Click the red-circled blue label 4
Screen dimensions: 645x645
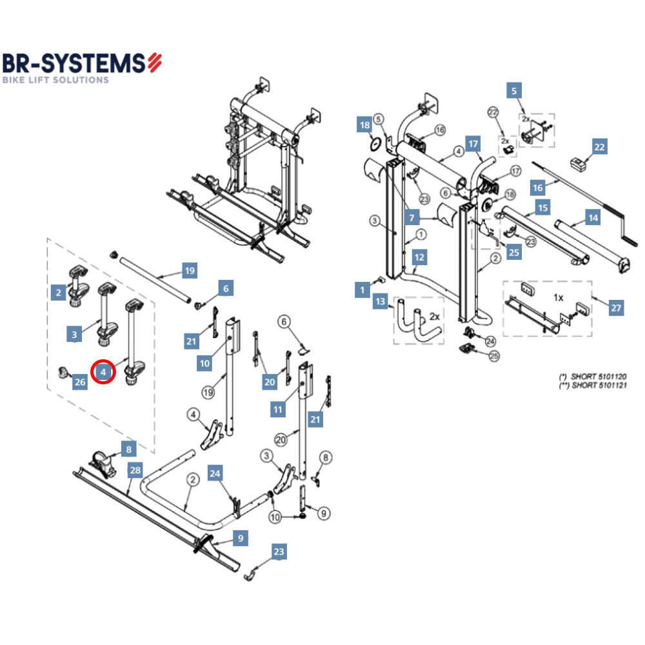(x=103, y=372)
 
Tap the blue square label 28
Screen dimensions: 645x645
(x=134, y=470)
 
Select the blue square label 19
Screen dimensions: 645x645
(x=189, y=271)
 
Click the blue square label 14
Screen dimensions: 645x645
(x=593, y=218)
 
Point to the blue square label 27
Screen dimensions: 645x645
(x=617, y=308)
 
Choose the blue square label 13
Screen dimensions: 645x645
(x=381, y=302)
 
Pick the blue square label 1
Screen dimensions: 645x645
(x=363, y=291)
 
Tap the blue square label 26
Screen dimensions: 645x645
(x=79, y=382)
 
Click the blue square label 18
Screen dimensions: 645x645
(x=364, y=125)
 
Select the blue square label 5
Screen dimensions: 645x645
(x=514, y=91)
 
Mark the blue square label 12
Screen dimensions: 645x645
(x=420, y=257)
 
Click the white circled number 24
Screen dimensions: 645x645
(x=490, y=341)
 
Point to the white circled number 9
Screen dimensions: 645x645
(x=324, y=513)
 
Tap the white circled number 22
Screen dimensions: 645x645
(x=493, y=112)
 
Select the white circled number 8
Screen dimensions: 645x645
(x=326, y=458)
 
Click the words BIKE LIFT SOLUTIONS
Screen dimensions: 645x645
(x=56, y=80)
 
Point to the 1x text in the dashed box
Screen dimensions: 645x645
(x=559, y=298)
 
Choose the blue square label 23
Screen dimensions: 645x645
(x=278, y=551)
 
